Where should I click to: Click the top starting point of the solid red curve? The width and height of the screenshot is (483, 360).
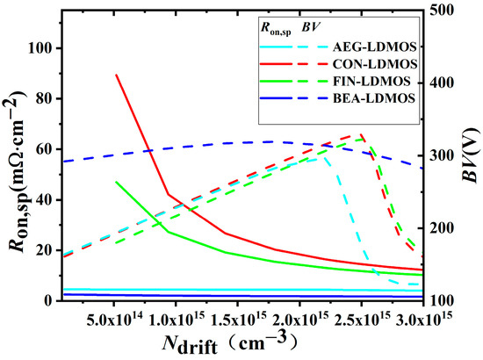point(116,75)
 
